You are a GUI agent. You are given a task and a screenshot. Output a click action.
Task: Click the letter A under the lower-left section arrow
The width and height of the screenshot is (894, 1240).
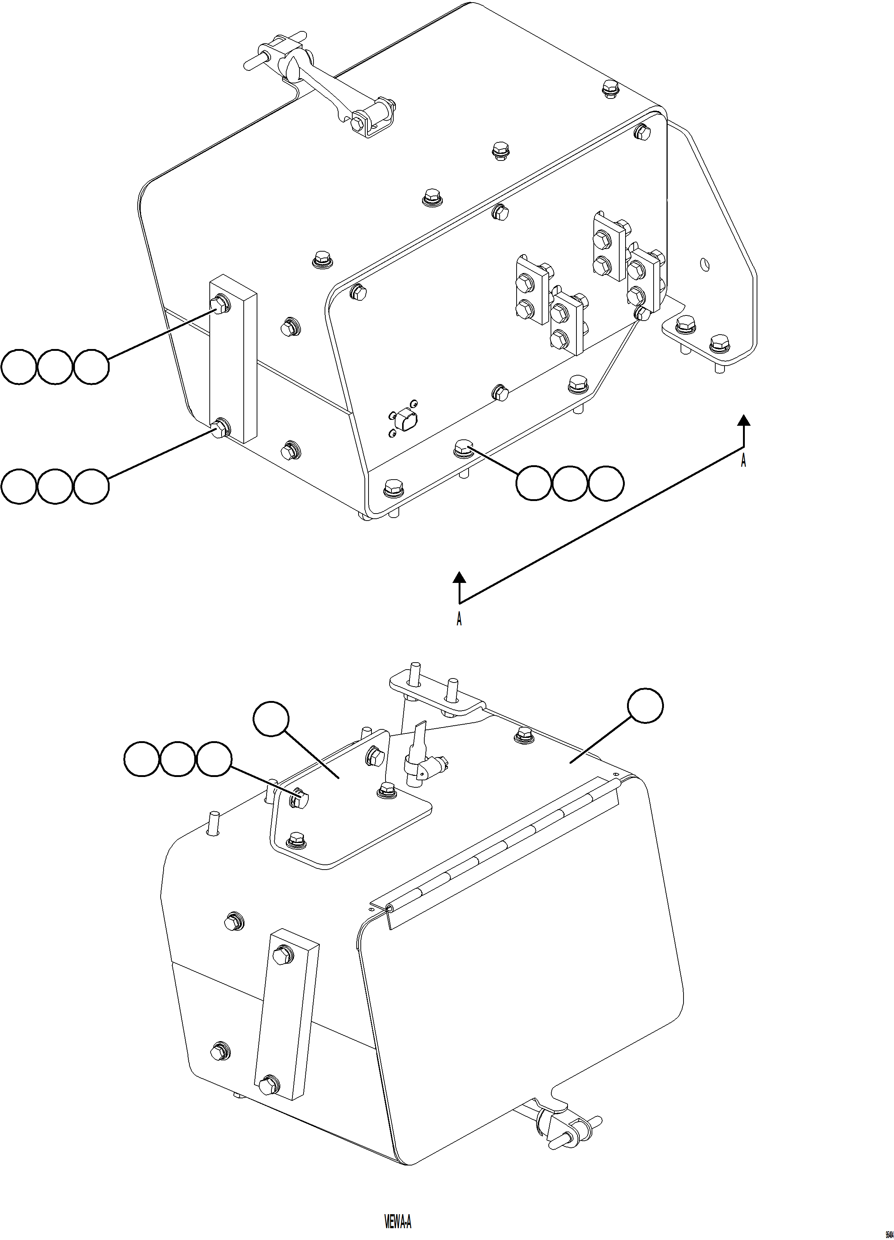[459, 619]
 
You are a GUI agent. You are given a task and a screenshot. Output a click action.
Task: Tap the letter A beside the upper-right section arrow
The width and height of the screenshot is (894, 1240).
[743, 460]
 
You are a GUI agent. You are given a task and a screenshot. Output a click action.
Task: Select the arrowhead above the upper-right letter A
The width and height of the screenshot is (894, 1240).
[743, 420]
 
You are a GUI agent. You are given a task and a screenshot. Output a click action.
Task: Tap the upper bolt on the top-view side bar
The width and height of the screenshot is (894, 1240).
[220, 304]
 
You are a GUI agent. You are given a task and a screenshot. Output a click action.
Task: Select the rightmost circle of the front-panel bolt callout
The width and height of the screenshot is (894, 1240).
[606, 483]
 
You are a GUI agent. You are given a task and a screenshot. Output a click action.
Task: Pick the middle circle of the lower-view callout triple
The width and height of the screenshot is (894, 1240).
[177, 759]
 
